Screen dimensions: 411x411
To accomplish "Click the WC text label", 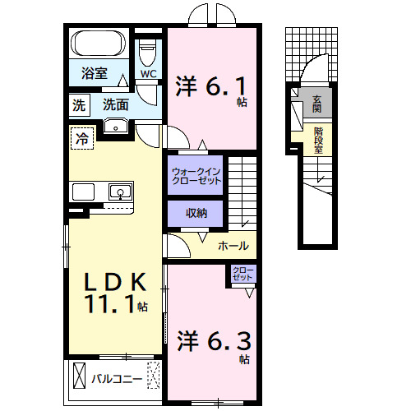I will [x=148, y=74].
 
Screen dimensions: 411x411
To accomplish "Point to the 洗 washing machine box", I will [x=79, y=104].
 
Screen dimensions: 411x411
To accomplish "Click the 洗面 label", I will [x=115, y=104].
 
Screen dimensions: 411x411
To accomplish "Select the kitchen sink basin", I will [x=119, y=193].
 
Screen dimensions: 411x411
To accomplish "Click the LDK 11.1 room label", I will [x=116, y=293].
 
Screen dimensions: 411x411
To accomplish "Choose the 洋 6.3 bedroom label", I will [x=212, y=340].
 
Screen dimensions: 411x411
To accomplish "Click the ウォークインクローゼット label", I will [x=196, y=176].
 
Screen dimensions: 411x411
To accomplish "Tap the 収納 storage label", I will [x=196, y=214].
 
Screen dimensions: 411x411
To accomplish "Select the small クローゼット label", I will [x=242, y=274].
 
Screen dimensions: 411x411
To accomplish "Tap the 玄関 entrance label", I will [x=317, y=104].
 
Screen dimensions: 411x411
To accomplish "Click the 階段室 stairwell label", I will [x=318, y=139].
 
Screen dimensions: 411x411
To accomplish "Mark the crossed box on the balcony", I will [x=78, y=376].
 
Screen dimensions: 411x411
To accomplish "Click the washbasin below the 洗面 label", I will [x=116, y=126].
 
